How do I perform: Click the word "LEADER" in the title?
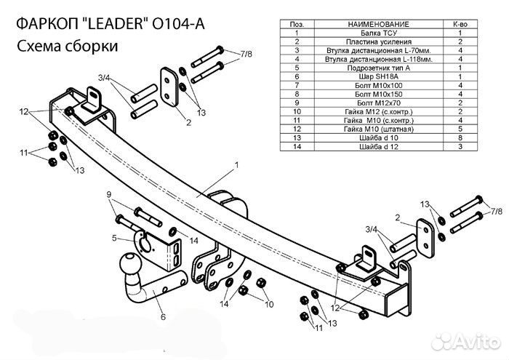coord(108,23)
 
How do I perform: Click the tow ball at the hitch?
coord(131,265)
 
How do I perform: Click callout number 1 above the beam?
coord(236,167)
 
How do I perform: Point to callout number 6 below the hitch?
coord(163,316)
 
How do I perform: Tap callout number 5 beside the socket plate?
coord(115,238)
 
